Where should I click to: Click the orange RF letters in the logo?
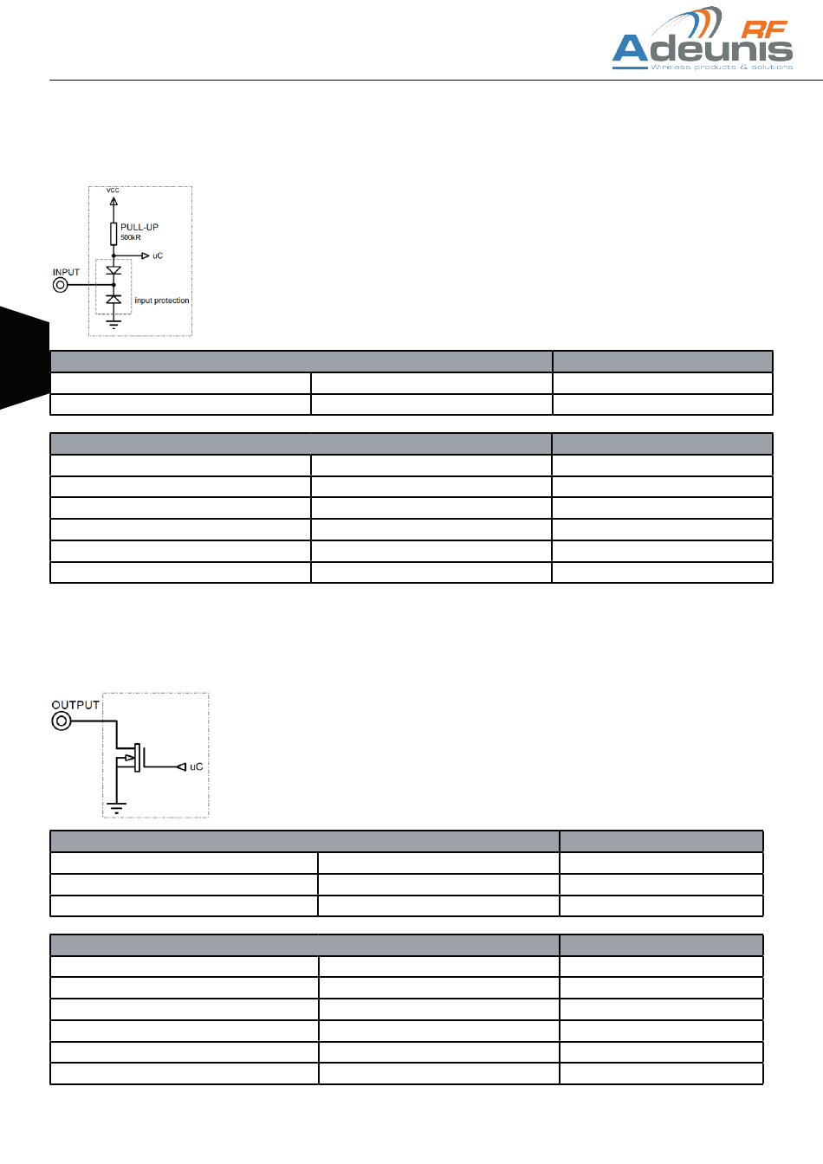click(765, 29)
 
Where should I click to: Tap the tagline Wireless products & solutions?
click(722, 67)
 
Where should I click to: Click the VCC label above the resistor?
click(113, 190)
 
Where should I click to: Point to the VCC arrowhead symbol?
click(113, 203)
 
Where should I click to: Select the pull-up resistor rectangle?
click(113, 233)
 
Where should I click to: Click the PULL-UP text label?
click(139, 227)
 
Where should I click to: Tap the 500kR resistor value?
click(131, 237)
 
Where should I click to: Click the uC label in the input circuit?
click(158, 255)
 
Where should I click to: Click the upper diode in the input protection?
click(113, 270)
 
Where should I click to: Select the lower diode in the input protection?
click(113, 299)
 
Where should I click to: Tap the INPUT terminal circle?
click(61, 284)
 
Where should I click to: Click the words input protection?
click(162, 301)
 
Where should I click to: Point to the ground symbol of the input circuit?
click(113, 324)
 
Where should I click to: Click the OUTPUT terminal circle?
click(62, 721)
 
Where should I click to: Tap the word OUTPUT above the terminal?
click(75, 705)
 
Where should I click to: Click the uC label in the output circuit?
click(197, 766)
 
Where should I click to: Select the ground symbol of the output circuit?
click(115, 809)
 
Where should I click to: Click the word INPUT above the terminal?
click(66, 272)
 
